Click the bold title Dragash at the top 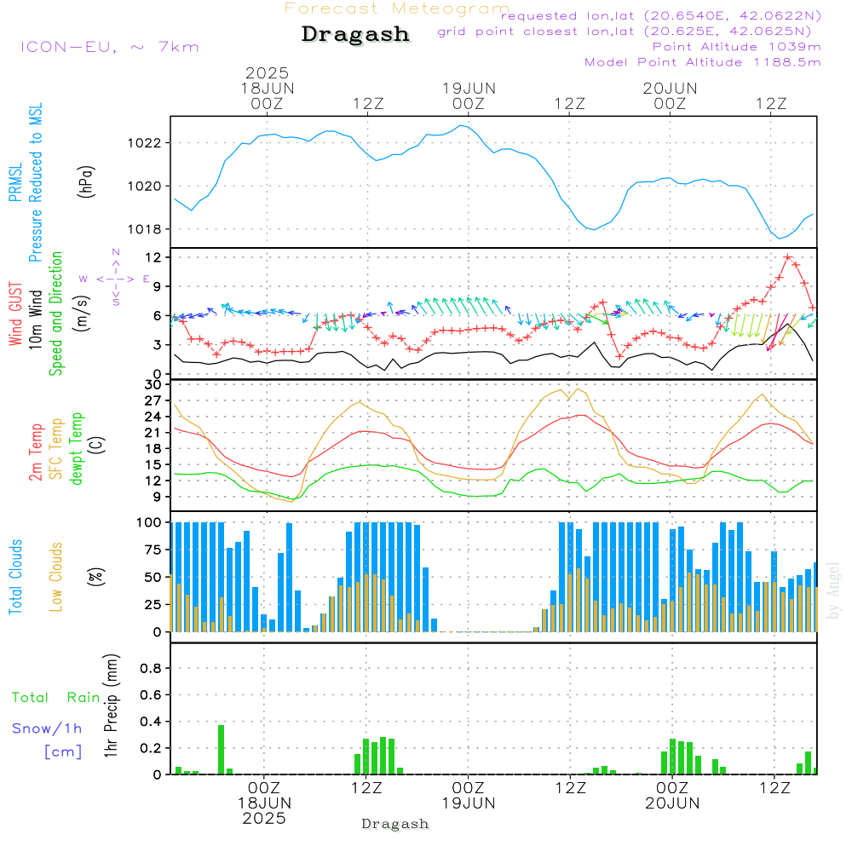pos(355,34)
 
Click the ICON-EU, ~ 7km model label pos(110,47)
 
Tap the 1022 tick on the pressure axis pos(144,143)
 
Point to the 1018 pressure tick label pos(144,229)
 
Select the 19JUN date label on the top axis pos(469,88)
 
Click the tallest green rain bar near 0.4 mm pos(222,749)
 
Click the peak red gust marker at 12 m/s pos(787,257)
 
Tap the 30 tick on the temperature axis pos(153,385)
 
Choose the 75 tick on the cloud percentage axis pos(153,550)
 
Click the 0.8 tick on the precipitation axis pos(151,668)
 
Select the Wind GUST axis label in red pos(15,314)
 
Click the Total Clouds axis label pos(15,577)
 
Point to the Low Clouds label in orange pos(56,577)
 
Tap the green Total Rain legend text pos(56,697)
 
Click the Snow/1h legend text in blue pos(47,728)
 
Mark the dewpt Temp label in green pos(76,448)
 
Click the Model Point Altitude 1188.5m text pos(703,62)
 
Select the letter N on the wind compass pos(116,252)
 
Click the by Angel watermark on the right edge pos(833,590)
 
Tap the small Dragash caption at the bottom pos(395,824)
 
